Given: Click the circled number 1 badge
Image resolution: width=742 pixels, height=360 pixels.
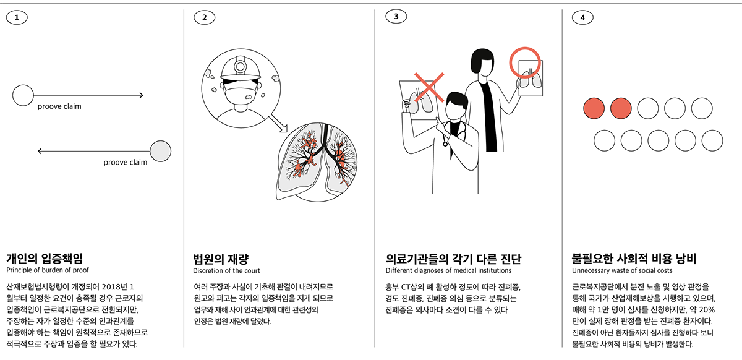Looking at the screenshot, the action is pyautogui.click(x=17, y=17).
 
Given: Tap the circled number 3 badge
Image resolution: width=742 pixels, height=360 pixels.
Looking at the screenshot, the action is pyautogui.click(x=396, y=17).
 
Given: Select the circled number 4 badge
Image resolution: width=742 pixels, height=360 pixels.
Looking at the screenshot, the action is pyautogui.click(x=582, y=17).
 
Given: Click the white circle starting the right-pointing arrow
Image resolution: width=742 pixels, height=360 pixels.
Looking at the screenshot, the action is pyautogui.click(x=23, y=95).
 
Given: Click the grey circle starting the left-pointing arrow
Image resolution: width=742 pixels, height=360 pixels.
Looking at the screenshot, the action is pyautogui.click(x=161, y=151).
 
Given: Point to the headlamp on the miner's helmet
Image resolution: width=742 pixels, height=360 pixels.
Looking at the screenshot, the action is pyautogui.click(x=240, y=67).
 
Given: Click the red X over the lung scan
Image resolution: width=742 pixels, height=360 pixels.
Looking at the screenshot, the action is pyautogui.click(x=429, y=87).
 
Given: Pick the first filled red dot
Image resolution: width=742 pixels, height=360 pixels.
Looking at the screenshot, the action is pyautogui.click(x=594, y=108).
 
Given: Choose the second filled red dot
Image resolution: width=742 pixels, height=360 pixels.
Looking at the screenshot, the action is pyautogui.click(x=621, y=108).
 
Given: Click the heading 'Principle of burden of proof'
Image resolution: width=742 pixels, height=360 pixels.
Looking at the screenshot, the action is pyautogui.click(x=48, y=270).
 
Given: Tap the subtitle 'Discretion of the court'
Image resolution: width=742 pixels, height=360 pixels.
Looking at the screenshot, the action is pyautogui.click(x=226, y=270).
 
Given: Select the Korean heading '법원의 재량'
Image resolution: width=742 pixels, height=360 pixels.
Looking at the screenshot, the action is pyautogui.click(x=221, y=259).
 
